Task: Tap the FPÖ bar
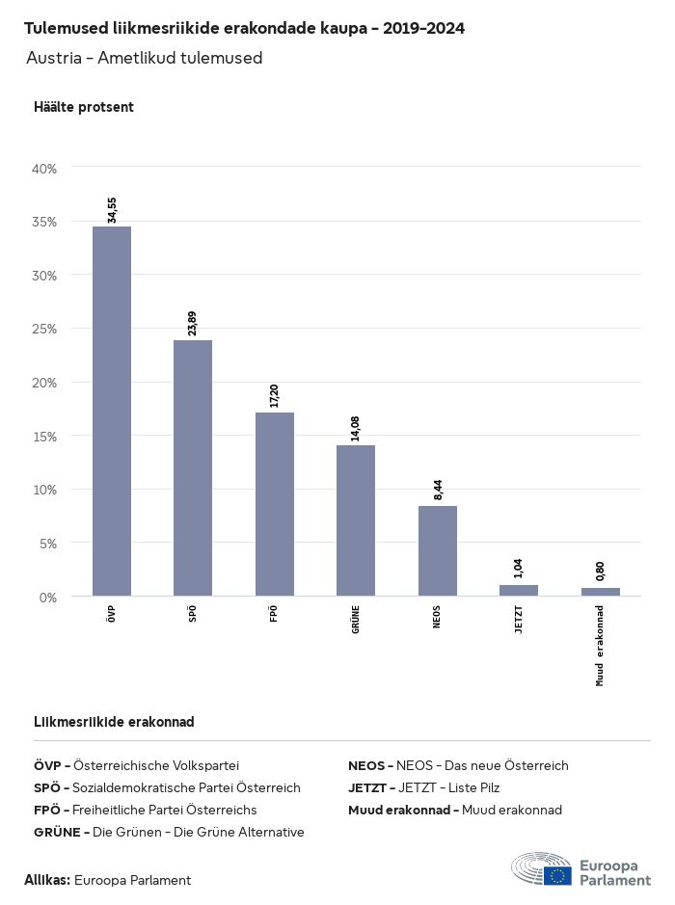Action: (275, 504)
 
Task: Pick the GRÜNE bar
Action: (356, 520)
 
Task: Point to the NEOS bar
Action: (438, 550)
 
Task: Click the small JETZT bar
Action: (519, 590)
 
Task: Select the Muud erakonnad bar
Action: (601, 591)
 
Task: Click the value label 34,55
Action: (113, 209)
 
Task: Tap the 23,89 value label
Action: (194, 324)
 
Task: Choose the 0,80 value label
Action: (601, 571)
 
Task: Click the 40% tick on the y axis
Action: (44, 168)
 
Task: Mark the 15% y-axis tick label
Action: (44, 436)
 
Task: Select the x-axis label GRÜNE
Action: (356, 618)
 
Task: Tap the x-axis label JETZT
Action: (519, 618)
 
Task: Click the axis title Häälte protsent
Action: (84, 107)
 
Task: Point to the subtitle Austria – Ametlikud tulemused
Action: (145, 59)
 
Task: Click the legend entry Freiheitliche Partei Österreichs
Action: (145, 810)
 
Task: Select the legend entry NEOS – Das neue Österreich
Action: (458, 765)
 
